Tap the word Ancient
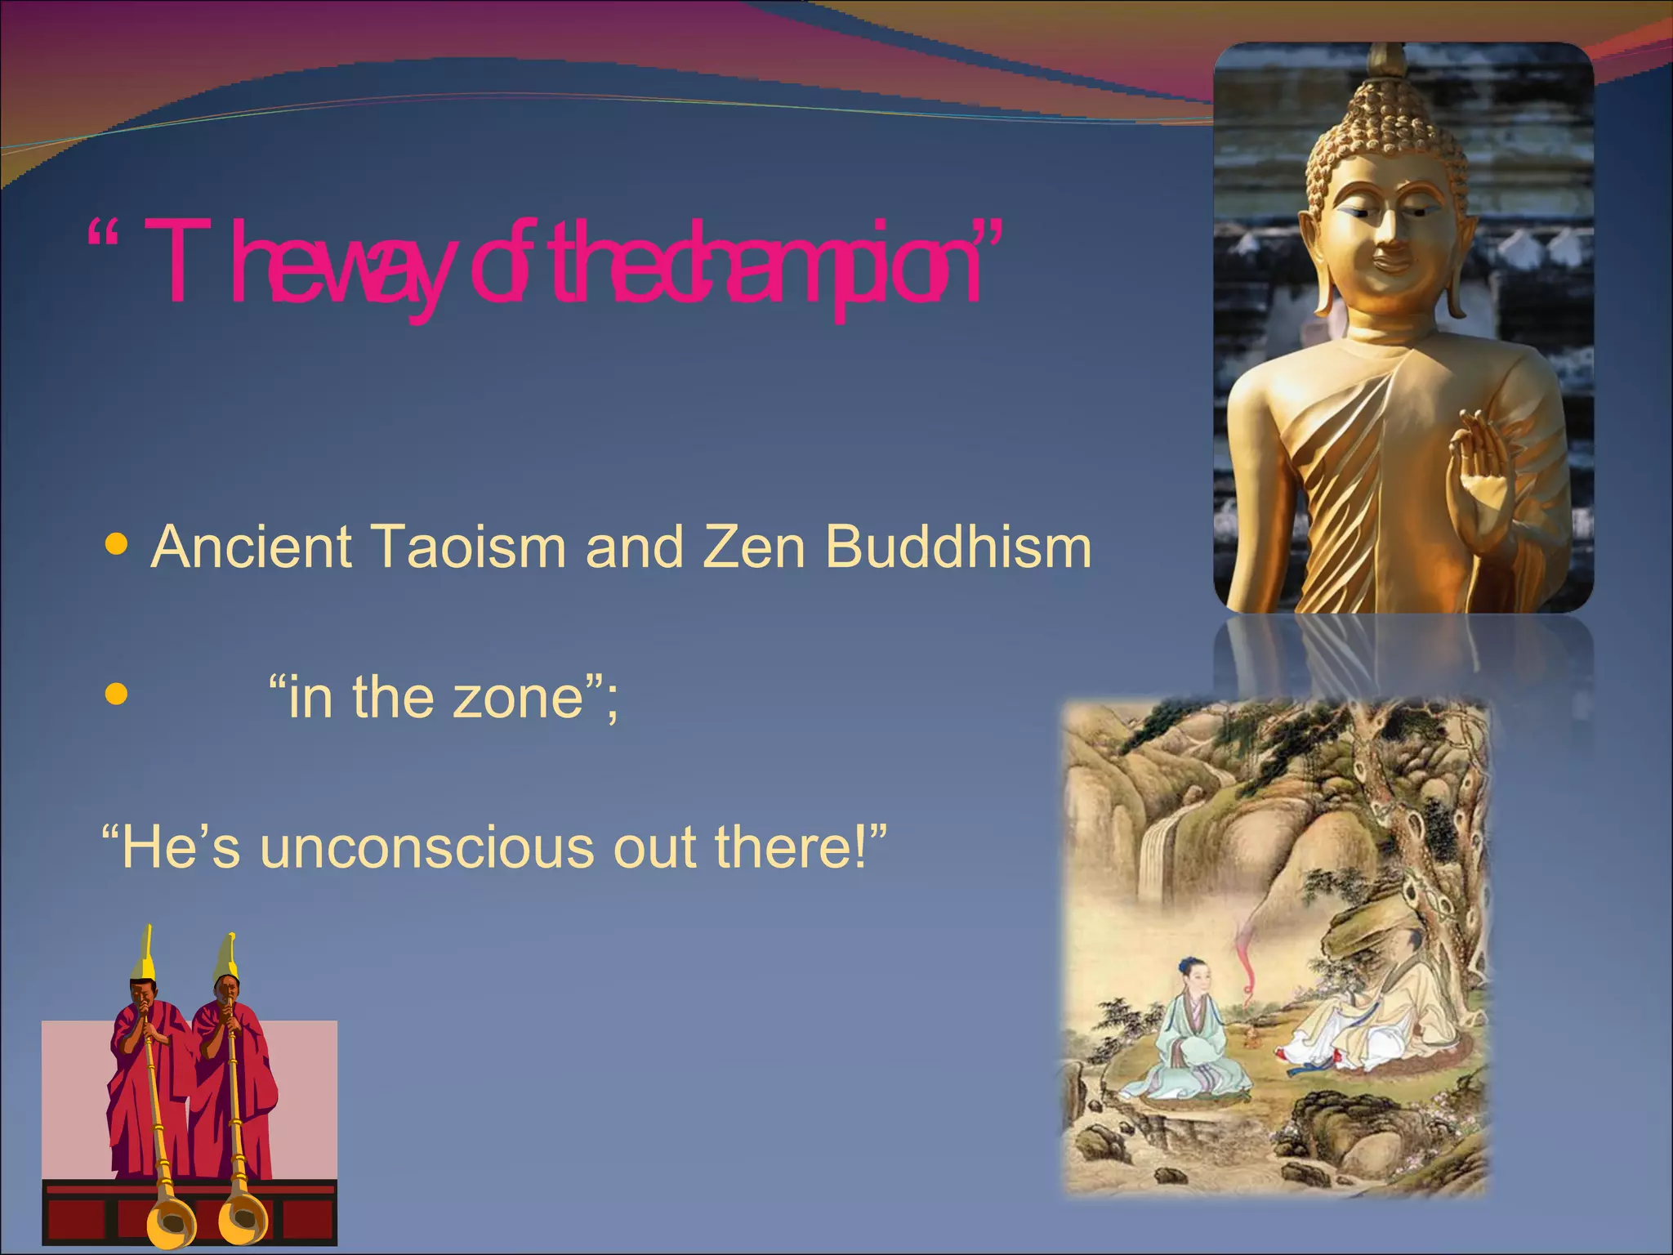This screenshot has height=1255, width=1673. pyautogui.click(x=252, y=547)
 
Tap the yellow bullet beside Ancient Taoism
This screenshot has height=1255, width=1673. pyautogui.click(x=118, y=544)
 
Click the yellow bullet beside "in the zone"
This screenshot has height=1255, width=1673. pyautogui.click(x=118, y=694)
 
